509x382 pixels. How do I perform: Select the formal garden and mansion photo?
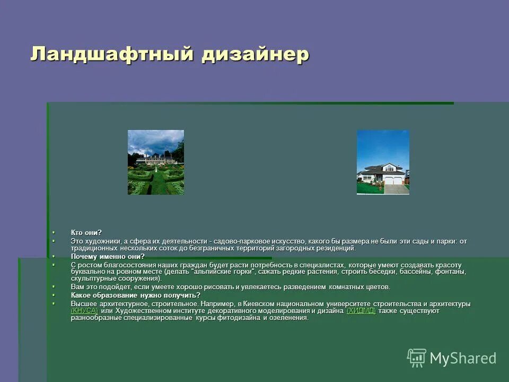(156, 162)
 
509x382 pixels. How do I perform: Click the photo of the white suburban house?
(383, 162)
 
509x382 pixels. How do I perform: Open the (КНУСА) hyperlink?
(84, 311)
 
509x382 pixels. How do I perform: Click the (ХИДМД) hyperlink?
(361, 311)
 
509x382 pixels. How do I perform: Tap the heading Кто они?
(86, 232)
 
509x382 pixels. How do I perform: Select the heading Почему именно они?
(108, 256)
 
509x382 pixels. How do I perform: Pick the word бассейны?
(414, 272)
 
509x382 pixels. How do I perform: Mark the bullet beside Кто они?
(54, 232)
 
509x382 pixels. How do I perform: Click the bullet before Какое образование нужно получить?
(54, 295)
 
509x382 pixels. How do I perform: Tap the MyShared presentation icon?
(417, 358)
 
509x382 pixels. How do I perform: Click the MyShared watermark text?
(463, 359)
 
